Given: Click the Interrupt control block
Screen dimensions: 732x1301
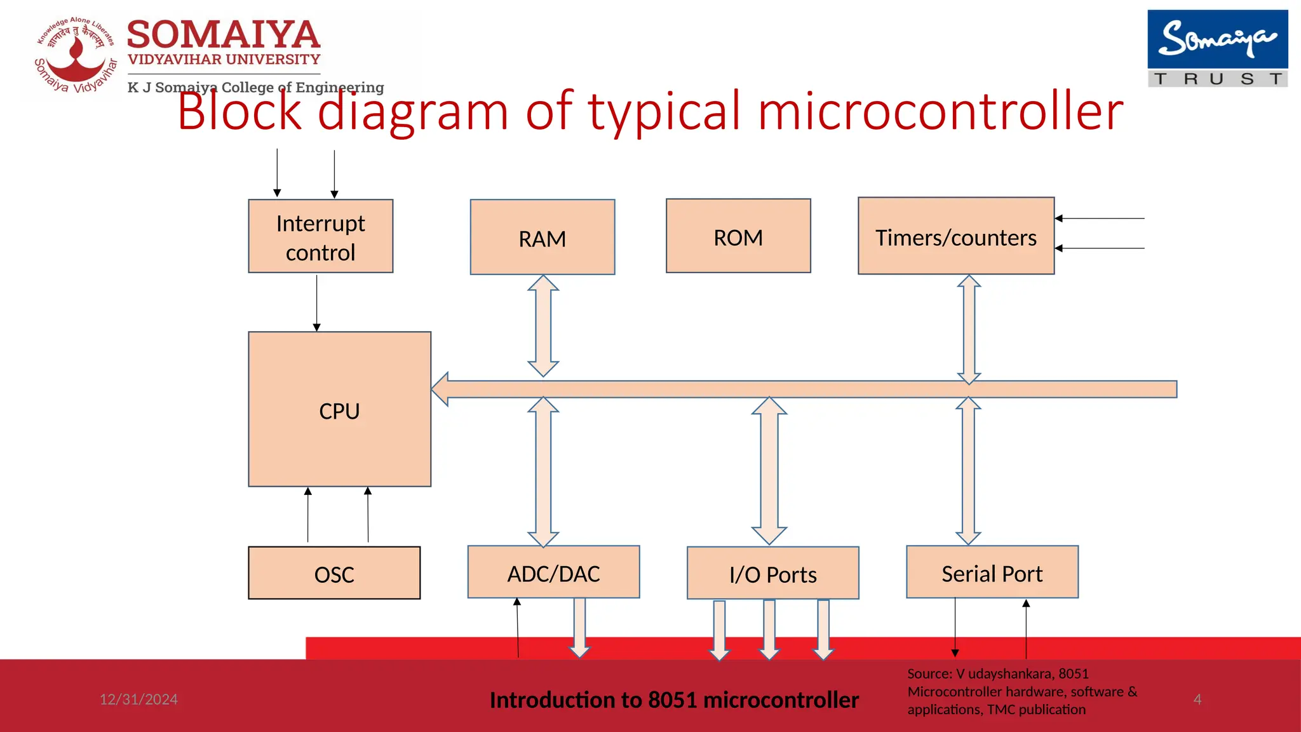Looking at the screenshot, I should point(320,236).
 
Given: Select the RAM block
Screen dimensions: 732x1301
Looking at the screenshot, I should point(542,238).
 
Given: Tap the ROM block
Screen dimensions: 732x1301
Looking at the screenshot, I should point(738,236).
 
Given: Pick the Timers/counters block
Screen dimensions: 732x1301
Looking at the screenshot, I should point(955,236).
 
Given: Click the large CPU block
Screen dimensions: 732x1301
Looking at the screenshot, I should point(339,410).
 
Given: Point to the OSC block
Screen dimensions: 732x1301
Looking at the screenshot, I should point(334,573).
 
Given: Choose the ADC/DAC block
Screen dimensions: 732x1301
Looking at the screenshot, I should point(553,572).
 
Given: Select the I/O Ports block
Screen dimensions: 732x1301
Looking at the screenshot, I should point(772,573).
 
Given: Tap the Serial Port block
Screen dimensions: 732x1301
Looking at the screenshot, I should point(992,572).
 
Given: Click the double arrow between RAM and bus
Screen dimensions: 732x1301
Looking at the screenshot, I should point(543,325).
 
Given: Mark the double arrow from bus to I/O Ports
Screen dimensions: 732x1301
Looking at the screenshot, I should point(769,470).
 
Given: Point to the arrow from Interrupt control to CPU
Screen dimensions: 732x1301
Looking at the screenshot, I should point(316,302).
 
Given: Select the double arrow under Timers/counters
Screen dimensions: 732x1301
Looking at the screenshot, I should point(969,329).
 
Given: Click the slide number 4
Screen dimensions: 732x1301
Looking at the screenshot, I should point(1197,699).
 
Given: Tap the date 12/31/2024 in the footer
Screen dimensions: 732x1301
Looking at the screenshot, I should point(138,699).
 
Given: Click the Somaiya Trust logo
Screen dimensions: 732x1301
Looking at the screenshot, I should point(1217,48).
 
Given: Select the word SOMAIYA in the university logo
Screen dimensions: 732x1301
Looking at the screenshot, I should point(224,35).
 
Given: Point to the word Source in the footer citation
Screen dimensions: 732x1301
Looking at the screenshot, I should point(928,674).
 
